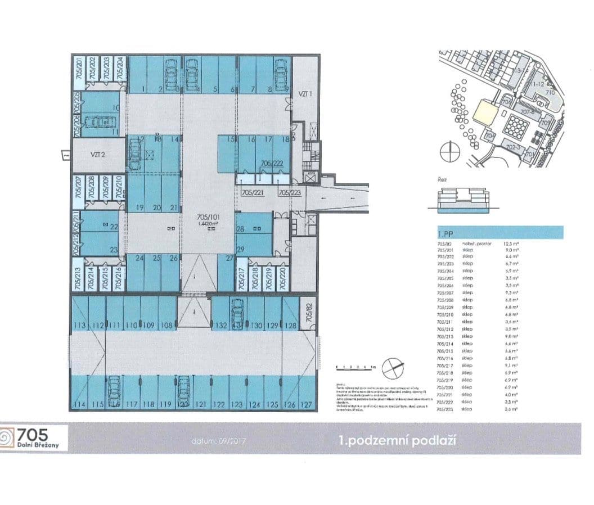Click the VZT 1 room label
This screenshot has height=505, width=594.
click(304, 93)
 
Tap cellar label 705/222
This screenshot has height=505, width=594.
click(272, 163)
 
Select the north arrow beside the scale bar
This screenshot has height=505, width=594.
click(393, 368)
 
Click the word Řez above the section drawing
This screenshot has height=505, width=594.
click(442, 179)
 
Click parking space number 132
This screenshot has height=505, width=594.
click(220, 326)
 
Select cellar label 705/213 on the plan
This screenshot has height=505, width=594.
click(76, 277)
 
